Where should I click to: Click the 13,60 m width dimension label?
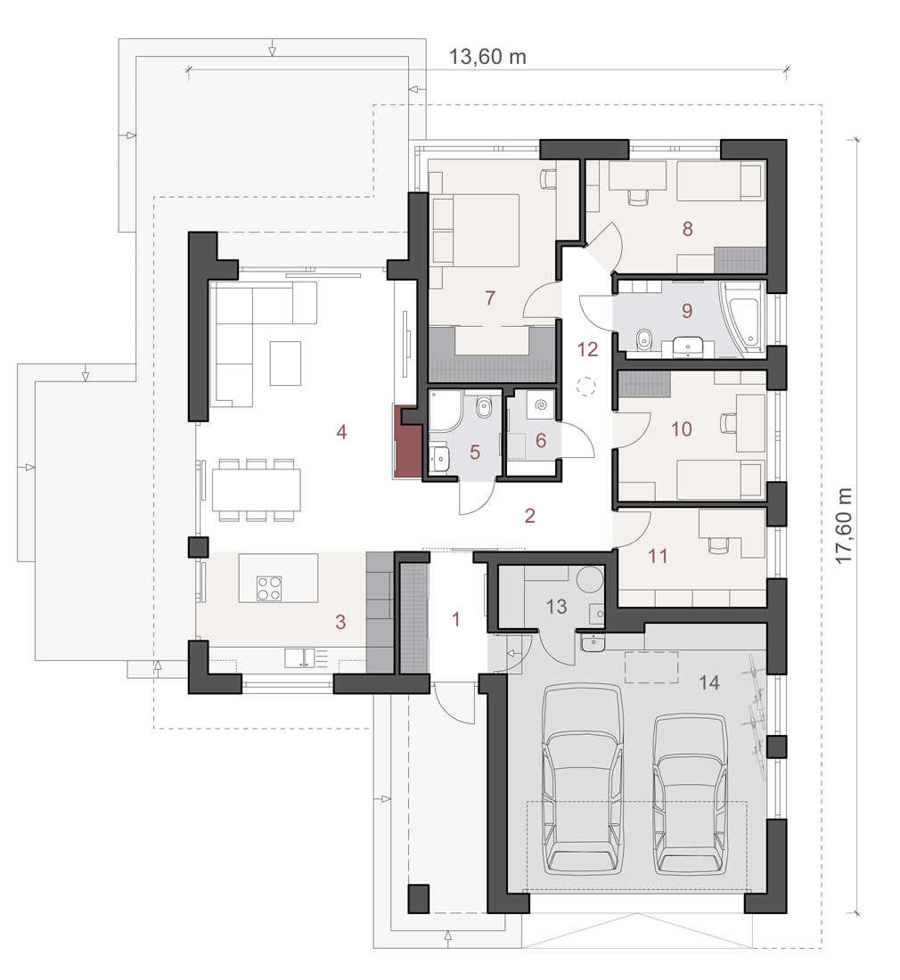[x=487, y=57]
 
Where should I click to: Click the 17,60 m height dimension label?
[x=845, y=526]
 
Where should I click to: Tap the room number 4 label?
[x=341, y=431]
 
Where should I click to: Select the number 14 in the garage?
[x=709, y=682]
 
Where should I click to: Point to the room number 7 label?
[x=490, y=298]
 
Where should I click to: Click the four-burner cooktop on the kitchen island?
[x=269, y=589]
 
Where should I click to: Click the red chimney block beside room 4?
[x=405, y=442]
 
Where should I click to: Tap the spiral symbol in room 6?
[x=539, y=406]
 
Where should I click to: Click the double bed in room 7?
[x=474, y=229]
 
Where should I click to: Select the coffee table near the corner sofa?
[x=285, y=363]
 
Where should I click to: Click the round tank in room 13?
[x=590, y=579]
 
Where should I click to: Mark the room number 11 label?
[x=658, y=555]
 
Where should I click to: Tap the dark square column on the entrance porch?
[x=418, y=900]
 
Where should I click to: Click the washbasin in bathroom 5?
[x=441, y=456]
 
